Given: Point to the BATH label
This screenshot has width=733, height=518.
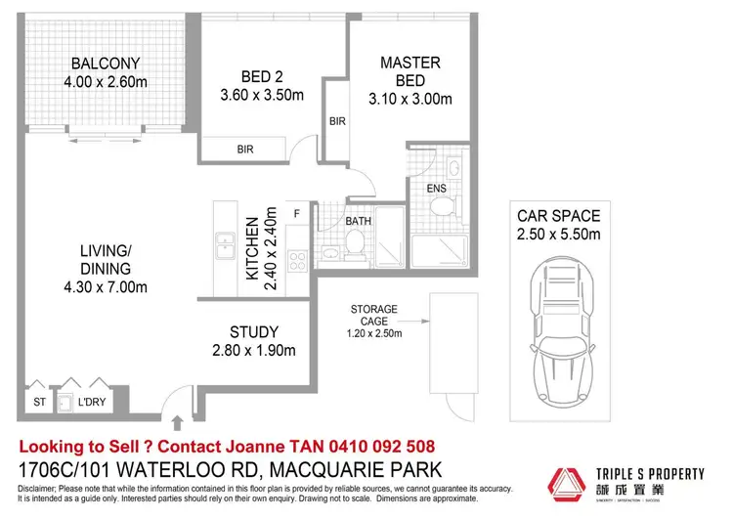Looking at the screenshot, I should tap(359, 221).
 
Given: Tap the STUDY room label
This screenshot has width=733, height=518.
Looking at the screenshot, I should tap(254, 331).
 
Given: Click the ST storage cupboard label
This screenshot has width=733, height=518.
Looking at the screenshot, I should tap(38, 402).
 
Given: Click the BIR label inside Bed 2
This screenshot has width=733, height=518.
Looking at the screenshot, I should tap(244, 150).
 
